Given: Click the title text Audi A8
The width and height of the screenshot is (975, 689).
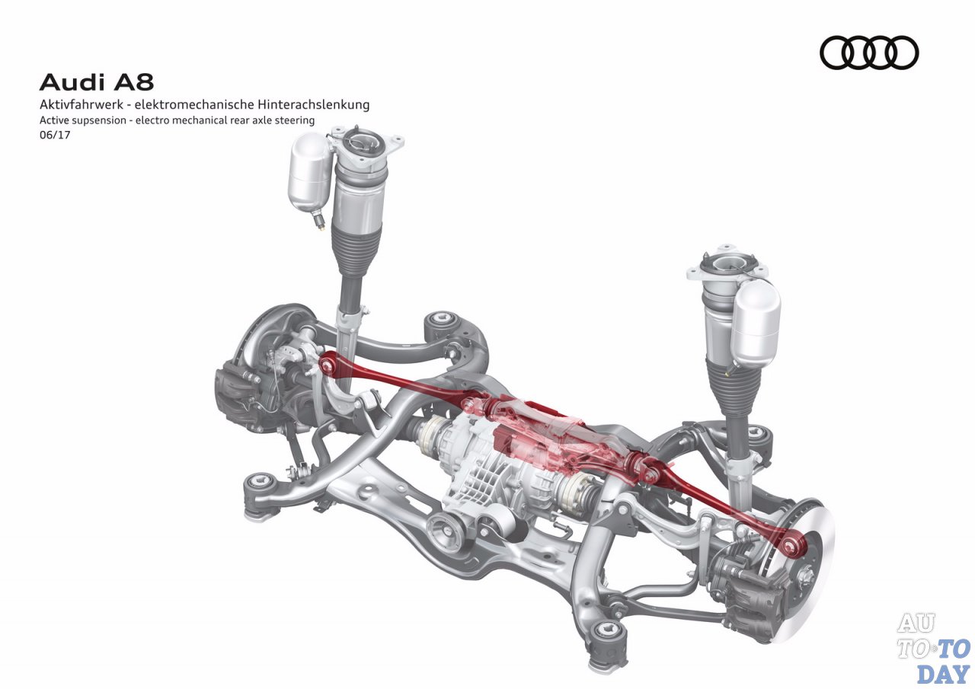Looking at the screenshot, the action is point(97,82).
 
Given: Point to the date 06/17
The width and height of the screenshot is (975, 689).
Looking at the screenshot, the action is point(55,135).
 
